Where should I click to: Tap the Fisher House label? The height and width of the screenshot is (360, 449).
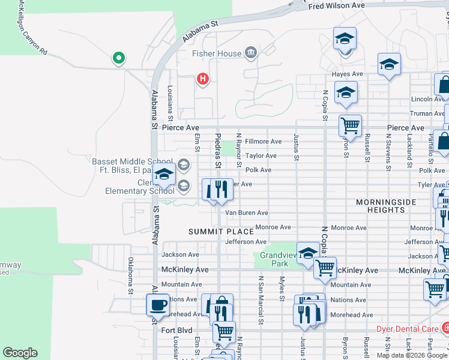216,53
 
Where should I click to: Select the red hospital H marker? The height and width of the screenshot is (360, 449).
203,79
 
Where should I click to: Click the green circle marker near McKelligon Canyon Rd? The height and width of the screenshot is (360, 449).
119,58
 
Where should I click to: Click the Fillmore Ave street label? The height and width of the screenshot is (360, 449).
263,142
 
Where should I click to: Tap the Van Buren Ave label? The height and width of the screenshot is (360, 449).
246,212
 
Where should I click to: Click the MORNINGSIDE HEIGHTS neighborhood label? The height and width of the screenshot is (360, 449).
386,206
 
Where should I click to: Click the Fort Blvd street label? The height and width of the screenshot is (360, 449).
176,330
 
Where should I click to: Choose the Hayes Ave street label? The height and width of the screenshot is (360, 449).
348,74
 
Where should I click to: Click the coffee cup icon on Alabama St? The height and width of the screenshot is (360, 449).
158,304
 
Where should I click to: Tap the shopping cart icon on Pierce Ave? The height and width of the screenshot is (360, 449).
350,126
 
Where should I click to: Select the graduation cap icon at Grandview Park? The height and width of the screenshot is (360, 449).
308,253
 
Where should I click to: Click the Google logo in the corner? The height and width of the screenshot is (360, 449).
20,353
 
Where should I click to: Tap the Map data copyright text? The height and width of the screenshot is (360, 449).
412,355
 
